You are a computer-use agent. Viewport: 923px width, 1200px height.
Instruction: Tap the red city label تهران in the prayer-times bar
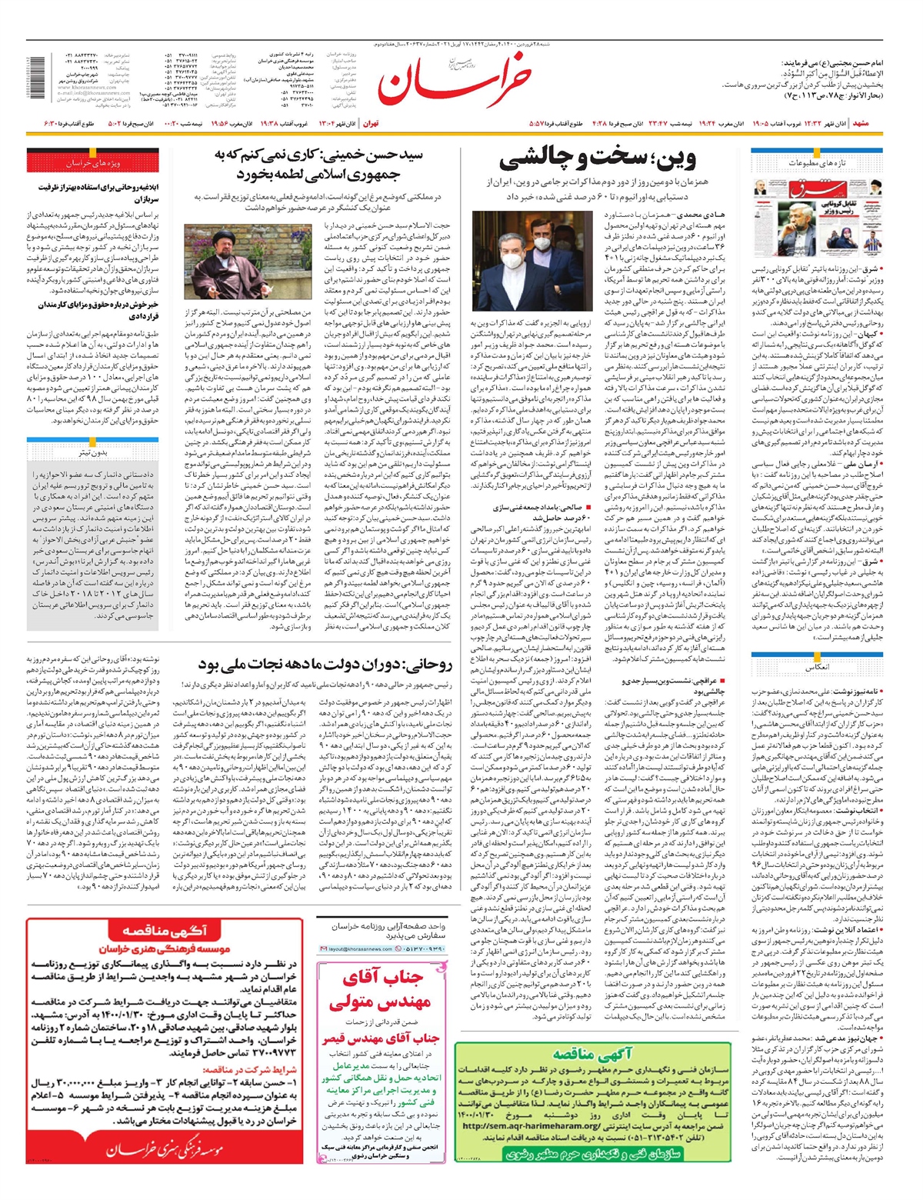(x=371, y=123)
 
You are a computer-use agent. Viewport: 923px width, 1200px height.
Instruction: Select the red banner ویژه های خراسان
(x=93, y=163)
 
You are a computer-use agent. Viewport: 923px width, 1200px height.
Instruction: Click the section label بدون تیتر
(x=93, y=452)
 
